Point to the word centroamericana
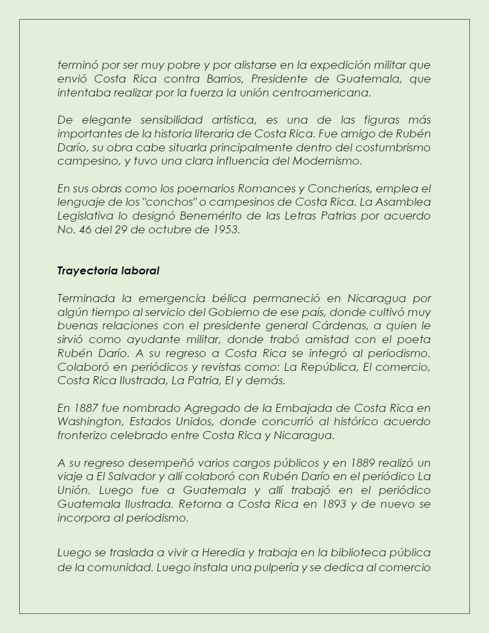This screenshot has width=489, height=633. pyautogui.click(x=324, y=92)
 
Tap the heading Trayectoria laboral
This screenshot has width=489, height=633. pyautogui.click(x=108, y=271)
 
